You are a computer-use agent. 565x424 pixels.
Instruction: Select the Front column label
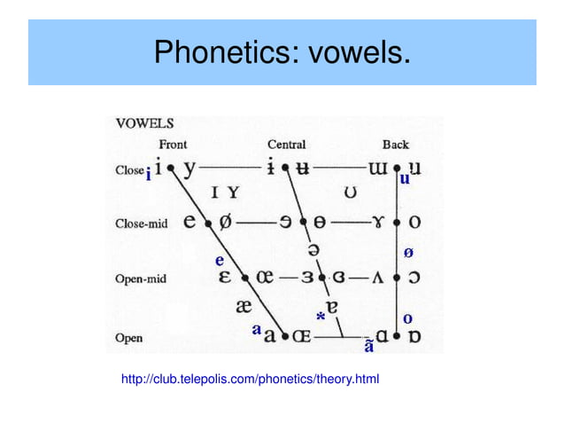[x=173, y=145]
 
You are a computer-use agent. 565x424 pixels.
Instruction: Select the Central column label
[x=286, y=145]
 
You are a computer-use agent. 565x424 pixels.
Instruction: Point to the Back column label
[x=396, y=145]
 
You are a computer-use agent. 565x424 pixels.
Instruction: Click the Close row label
[x=128, y=169]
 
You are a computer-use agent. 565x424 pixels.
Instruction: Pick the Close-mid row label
[x=141, y=224]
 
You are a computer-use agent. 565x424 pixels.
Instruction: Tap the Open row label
[x=128, y=338]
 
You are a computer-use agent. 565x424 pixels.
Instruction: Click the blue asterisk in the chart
[x=321, y=316]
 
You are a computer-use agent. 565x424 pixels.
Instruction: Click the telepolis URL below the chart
[x=250, y=380]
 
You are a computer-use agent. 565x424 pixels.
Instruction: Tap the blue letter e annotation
[x=220, y=260]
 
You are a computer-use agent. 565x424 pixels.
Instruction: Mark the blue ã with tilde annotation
[x=368, y=344]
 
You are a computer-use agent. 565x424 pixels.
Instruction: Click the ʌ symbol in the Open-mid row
[x=376, y=279]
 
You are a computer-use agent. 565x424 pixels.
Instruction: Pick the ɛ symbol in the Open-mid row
[x=226, y=278]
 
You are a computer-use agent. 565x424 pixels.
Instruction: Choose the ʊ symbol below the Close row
[x=351, y=192]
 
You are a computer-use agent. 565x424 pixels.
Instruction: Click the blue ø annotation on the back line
[x=407, y=253]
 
